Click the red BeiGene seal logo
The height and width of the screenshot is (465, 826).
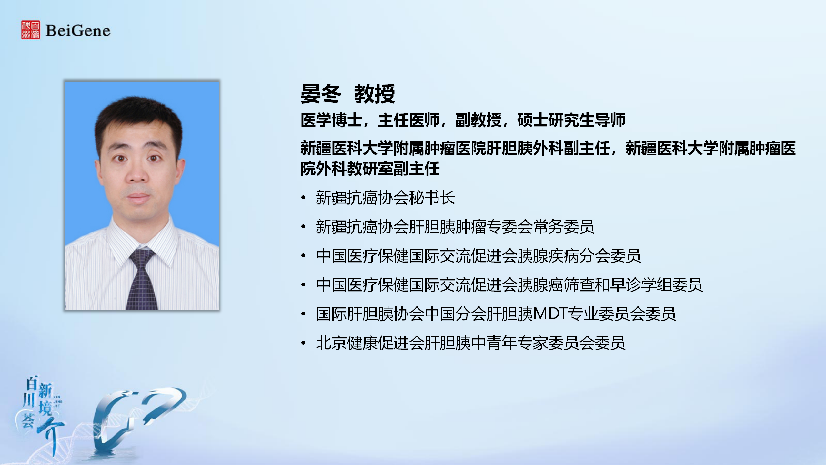(x=31, y=30)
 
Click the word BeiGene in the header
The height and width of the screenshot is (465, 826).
(x=78, y=31)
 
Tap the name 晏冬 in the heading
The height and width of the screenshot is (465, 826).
(x=321, y=94)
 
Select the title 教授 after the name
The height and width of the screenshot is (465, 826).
(x=375, y=94)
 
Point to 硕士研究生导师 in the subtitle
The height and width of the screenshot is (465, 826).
(x=571, y=120)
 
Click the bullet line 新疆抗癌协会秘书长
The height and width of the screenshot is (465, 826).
(x=386, y=198)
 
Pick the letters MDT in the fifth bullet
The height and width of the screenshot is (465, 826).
(x=551, y=314)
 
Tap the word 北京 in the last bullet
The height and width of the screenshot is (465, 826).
(x=331, y=343)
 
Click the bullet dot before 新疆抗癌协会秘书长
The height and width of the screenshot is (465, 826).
(x=303, y=198)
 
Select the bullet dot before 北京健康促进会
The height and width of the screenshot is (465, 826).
(x=303, y=343)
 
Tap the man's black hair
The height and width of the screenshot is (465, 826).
(x=139, y=119)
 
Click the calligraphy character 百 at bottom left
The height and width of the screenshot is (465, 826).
(x=32, y=383)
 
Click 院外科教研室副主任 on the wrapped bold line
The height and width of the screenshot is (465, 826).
(x=370, y=169)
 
